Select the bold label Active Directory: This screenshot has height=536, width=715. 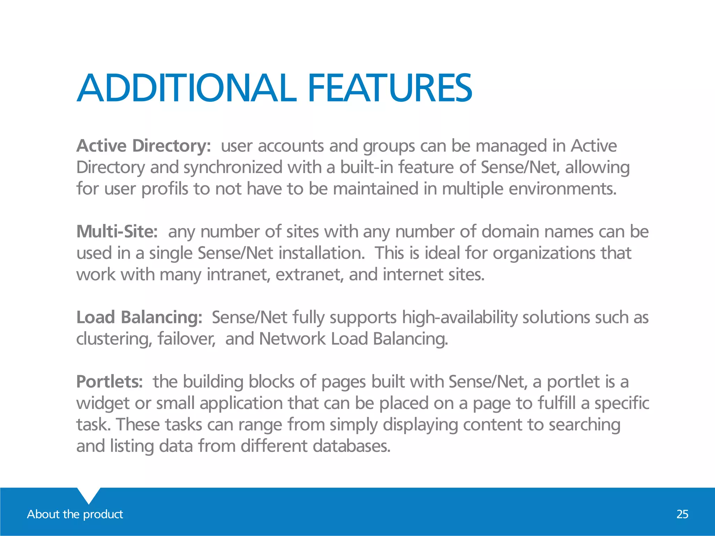click(143, 146)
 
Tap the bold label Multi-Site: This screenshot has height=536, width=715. click(117, 232)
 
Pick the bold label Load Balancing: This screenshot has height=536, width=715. click(139, 318)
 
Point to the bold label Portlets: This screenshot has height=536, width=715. click(109, 382)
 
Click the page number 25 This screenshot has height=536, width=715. click(682, 514)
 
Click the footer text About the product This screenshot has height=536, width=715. click(75, 514)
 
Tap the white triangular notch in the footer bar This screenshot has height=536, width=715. click(89, 494)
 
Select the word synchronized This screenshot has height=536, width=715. click(233, 167)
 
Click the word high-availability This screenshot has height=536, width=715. click(459, 318)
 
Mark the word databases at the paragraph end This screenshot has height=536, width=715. click(351, 446)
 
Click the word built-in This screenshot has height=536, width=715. click(367, 167)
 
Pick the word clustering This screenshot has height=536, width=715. click(114, 339)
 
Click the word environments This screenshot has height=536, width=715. click(562, 189)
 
